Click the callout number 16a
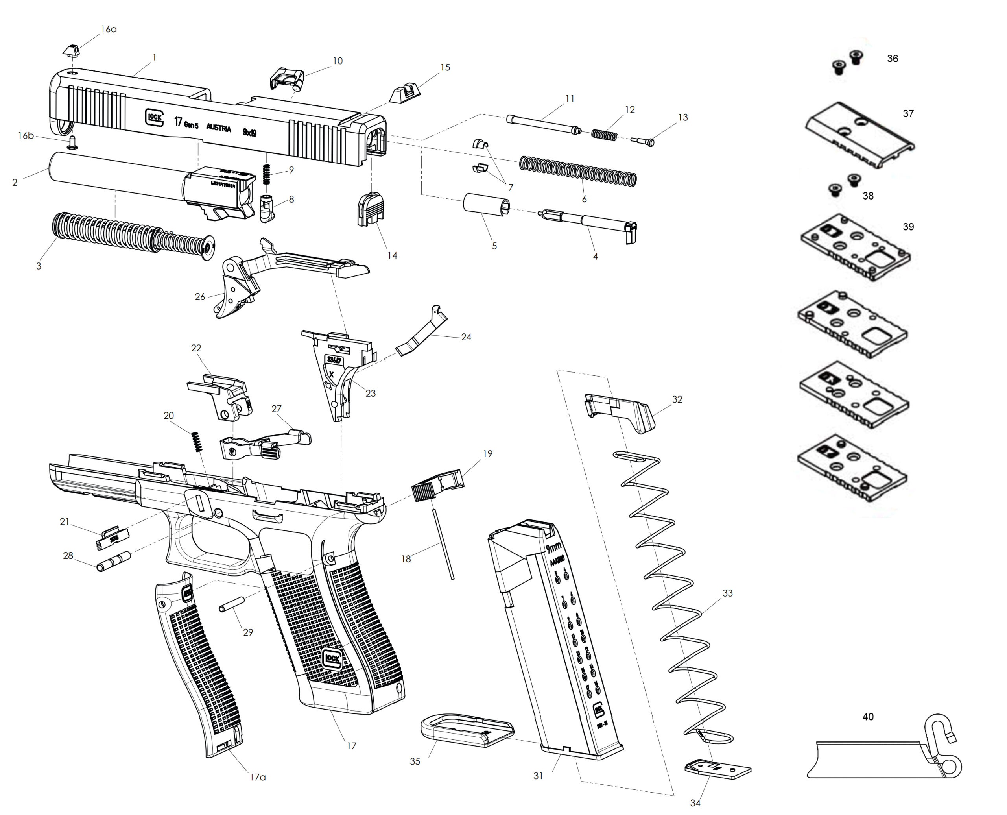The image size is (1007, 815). click(109, 29)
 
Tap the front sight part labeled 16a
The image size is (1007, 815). click(70, 50)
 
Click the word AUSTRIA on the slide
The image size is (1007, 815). click(219, 128)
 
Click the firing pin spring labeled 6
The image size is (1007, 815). click(577, 170)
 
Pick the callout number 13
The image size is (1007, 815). click(683, 117)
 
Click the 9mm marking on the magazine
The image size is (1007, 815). click(554, 547)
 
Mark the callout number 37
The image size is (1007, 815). click(908, 114)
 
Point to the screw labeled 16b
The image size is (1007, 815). click(72, 141)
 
